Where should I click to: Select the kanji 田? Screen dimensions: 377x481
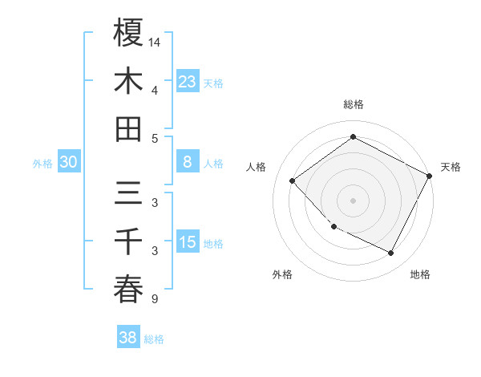128,128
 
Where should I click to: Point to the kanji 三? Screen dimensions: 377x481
128,194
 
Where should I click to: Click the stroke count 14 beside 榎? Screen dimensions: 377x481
156,41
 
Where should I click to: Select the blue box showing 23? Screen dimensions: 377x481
187,81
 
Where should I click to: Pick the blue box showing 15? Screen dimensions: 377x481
187,242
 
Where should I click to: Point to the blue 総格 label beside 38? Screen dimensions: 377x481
154,339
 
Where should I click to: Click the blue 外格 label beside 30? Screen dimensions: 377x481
42,164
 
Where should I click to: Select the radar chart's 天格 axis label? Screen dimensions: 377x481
451,167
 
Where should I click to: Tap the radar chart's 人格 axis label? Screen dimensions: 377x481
257,167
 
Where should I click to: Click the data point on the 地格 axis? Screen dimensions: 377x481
391,253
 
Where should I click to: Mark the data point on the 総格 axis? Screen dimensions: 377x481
354,137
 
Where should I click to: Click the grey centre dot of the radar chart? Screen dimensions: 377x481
354,200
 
